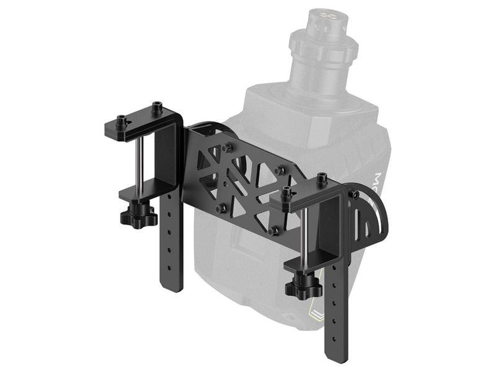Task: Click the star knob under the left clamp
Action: click(138, 216)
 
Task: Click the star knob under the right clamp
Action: click(303, 287)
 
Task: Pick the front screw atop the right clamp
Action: click(286, 190)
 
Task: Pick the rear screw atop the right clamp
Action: click(322, 179)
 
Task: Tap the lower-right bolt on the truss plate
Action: click(274, 229)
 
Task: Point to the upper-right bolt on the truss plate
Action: click(280, 169)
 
